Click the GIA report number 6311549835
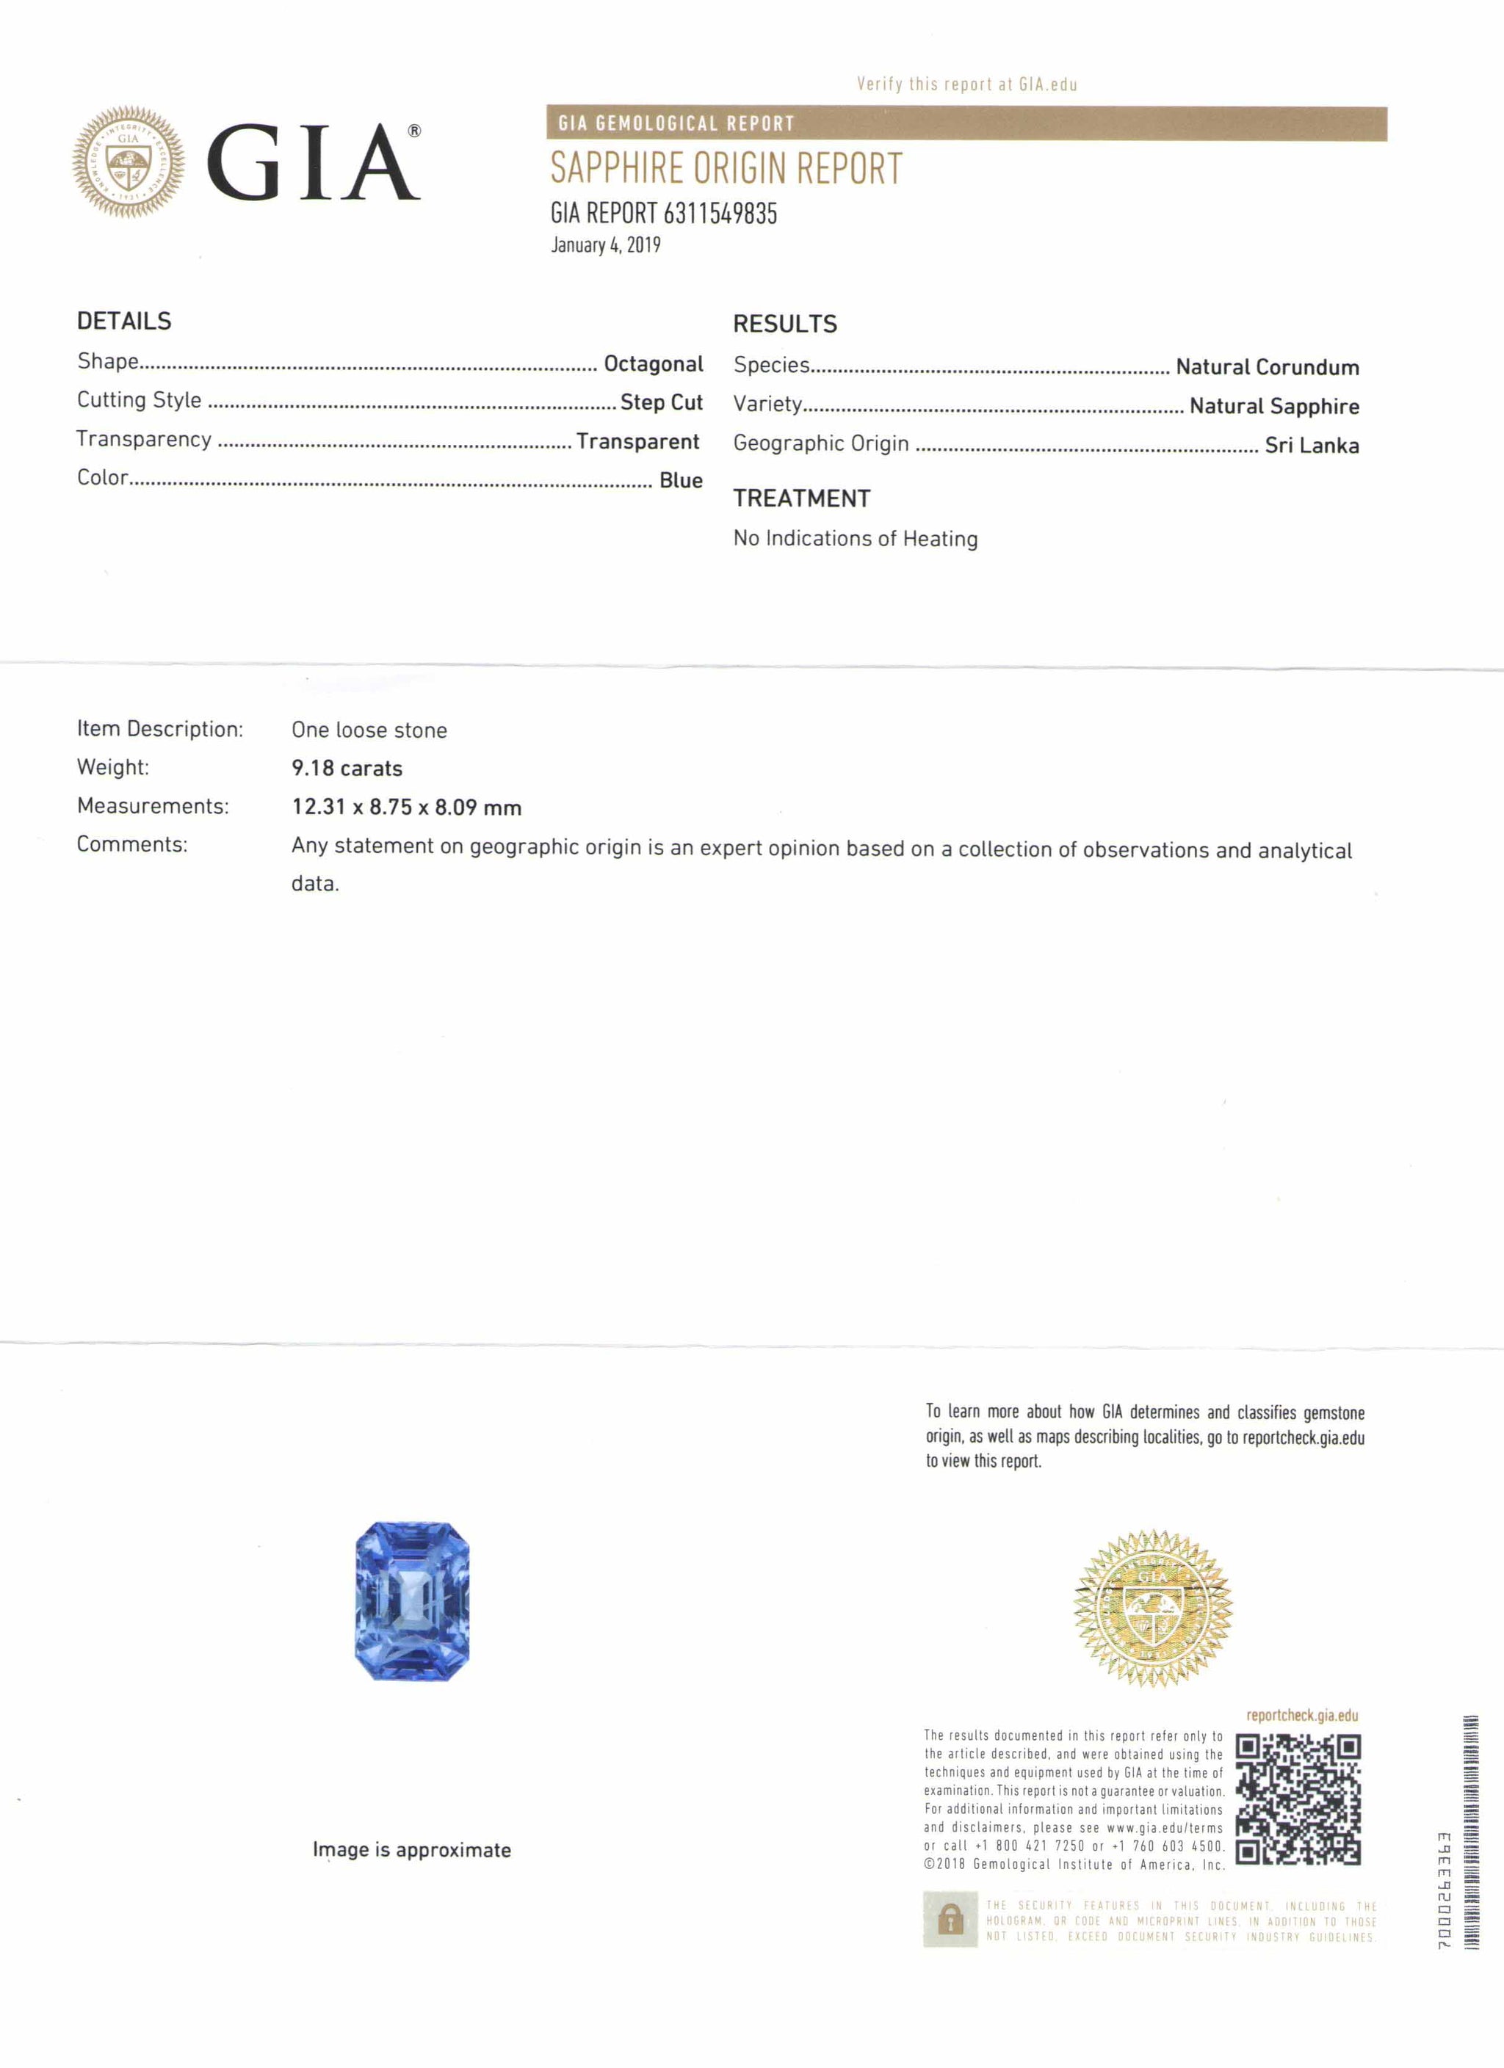point(720,214)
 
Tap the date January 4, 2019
point(606,245)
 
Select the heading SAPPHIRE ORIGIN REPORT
point(726,170)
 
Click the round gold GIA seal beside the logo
point(129,162)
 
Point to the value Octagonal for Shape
point(653,364)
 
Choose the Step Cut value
point(661,402)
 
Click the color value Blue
point(681,481)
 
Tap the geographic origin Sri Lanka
point(1312,446)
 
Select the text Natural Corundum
point(1267,368)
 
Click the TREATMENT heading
point(802,498)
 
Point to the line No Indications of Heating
point(856,539)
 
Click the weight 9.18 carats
point(347,769)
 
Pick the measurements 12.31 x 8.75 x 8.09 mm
point(407,807)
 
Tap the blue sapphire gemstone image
point(412,1600)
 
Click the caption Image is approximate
point(411,1850)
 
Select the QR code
point(1298,1799)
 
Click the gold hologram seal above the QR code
point(1153,1608)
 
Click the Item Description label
point(159,730)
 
